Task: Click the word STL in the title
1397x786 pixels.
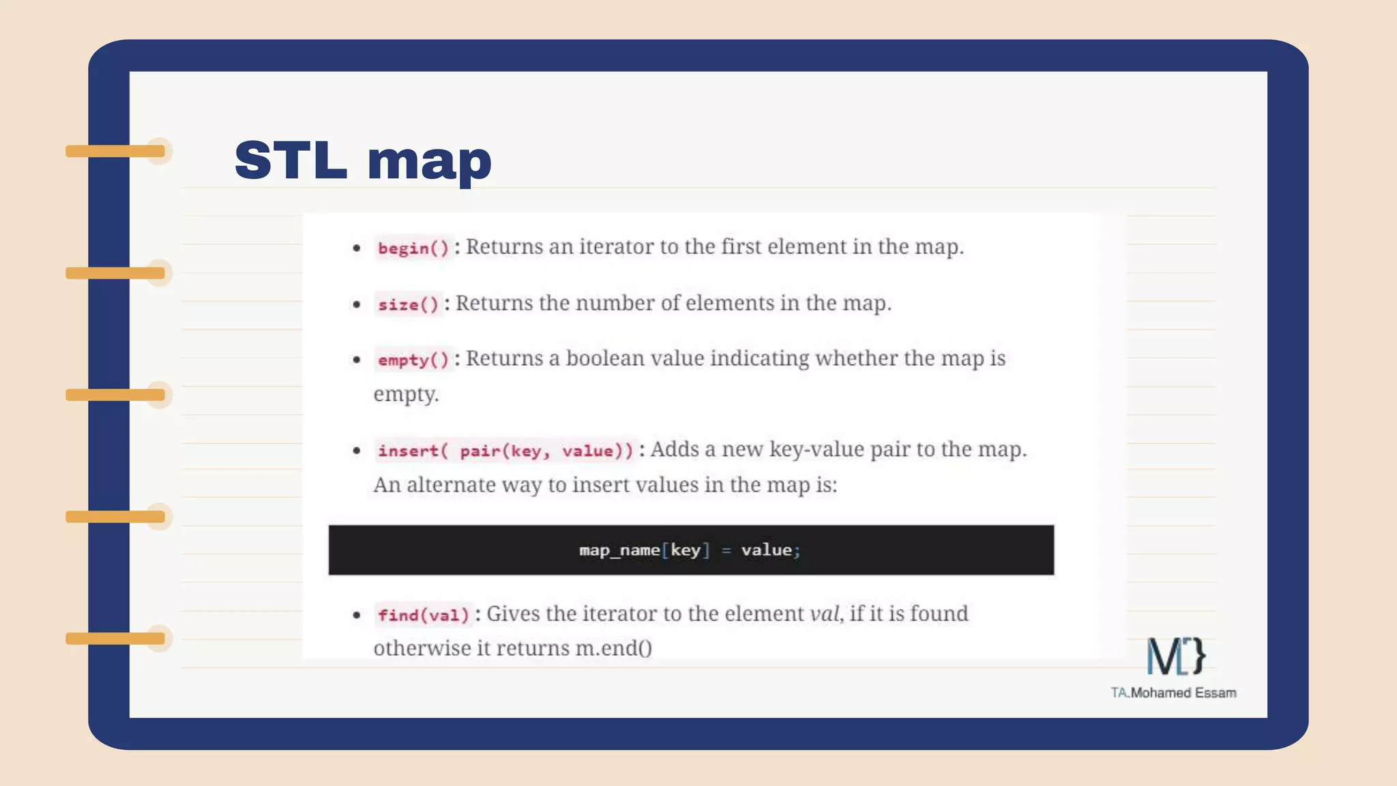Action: point(291,160)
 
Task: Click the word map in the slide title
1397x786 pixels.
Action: point(429,162)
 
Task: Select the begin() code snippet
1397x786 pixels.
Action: point(413,248)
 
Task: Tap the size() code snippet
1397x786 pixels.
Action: point(408,304)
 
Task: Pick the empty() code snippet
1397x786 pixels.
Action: point(413,360)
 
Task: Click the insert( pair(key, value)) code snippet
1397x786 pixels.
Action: point(505,450)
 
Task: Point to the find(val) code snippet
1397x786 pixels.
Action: point(424,615)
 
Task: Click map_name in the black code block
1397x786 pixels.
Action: point(619,550)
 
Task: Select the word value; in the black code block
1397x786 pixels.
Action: point(770,550)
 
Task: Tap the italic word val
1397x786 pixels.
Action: point(825,614)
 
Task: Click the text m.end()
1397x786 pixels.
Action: point(614,648)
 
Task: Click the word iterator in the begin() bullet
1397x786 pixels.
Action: point(616,247)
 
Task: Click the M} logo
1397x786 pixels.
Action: point(1175,656)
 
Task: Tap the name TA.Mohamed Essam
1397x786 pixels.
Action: point(1173,693)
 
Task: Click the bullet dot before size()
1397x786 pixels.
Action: point(357,304)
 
